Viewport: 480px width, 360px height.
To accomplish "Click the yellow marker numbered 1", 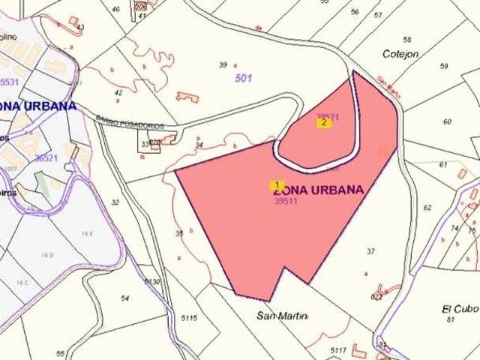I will [276, 184].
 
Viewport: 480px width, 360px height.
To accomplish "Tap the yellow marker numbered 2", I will [323, 122].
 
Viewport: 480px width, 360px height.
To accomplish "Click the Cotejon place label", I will [400, 54].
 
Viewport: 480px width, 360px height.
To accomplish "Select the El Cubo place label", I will [455, 308].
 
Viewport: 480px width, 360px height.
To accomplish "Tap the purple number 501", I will [244, 77].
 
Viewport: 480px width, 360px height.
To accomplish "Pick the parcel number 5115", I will [189, 318].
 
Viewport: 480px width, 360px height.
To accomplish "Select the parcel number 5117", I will [338, 349].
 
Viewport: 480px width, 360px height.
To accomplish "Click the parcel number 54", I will [124, 298].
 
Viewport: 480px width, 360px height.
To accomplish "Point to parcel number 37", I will [370, 251].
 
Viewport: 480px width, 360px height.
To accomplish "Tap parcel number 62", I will [427, 208].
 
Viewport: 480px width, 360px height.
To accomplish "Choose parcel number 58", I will [407, 39].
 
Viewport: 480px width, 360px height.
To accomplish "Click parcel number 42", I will [118, 93].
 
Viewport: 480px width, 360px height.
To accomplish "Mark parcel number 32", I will [115, 202].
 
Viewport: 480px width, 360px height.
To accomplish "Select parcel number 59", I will [443, 67].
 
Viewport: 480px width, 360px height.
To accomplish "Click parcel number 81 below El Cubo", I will [451, 320].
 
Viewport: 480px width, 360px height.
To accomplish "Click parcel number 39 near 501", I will [223, 65].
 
